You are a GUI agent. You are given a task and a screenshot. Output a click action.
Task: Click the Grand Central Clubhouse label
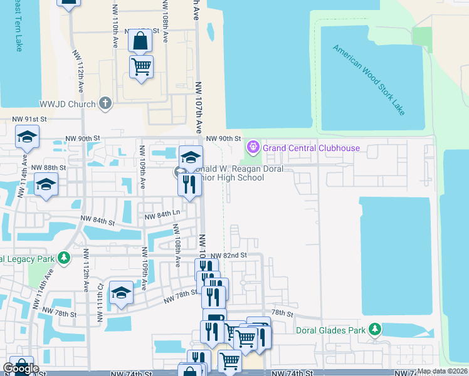pos(311,148)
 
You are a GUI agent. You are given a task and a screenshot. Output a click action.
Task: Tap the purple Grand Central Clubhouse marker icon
pos(253,148)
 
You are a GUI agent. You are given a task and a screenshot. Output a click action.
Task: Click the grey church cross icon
pos(105,103)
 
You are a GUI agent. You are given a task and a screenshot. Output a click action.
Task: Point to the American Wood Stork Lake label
pos(369,80)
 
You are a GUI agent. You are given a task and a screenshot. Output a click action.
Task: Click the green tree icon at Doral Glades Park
pos(375,329)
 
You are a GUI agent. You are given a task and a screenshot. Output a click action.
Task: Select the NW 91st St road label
pos(30,119)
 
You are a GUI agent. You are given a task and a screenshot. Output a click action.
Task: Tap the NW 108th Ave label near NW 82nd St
pos(178,251)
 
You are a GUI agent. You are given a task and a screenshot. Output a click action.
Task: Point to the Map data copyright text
pos(443,371)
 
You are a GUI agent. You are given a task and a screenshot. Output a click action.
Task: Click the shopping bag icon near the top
pos(140,41)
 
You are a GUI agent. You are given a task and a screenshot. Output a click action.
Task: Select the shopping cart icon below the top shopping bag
pos(142,66)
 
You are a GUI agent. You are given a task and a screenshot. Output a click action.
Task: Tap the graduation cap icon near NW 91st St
pos(28,137)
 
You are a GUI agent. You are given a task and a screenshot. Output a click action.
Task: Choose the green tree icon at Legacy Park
pos(63,258)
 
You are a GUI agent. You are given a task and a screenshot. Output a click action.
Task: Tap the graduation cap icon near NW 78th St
pos(121,293)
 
